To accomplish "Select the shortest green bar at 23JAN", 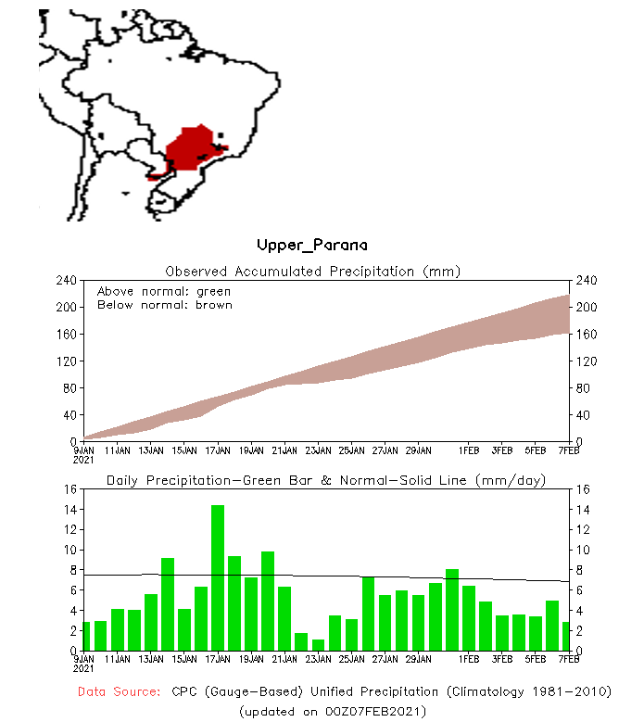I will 318,645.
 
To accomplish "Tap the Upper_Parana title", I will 311,245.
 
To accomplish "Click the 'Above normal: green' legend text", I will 164,291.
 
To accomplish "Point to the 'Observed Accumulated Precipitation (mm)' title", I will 312,271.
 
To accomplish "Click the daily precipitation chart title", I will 325,480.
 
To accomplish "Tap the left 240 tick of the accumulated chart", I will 66,280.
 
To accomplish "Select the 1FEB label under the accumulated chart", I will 469,451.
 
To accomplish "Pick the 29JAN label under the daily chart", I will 419,660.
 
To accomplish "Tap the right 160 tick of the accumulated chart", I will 584,334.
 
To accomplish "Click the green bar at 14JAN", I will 168,603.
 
